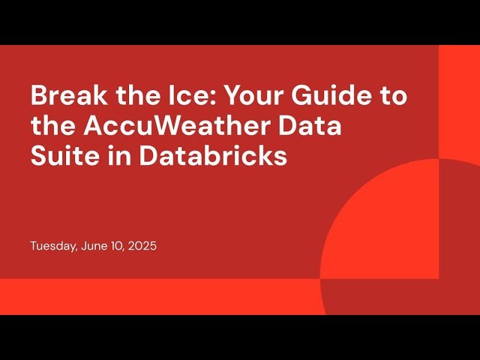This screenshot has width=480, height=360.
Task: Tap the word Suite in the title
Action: [60, 157]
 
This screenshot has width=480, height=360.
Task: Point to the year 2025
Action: [141, 246]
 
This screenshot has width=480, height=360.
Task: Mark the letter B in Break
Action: [38, 97]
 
